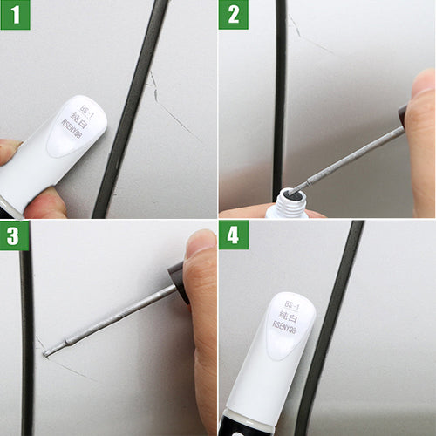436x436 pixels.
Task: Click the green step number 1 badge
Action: (x=14, y=15)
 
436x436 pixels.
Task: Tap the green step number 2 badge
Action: (x=233, y=15)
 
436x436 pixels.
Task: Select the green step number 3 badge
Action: (x=14, y=235)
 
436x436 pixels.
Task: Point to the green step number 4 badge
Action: (x=233, y=235)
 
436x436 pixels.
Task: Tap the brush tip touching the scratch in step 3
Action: (x=48, y=351)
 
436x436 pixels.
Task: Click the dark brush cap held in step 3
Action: (x=180, y=282)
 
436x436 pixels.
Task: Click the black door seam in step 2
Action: (x=280, y=87)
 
